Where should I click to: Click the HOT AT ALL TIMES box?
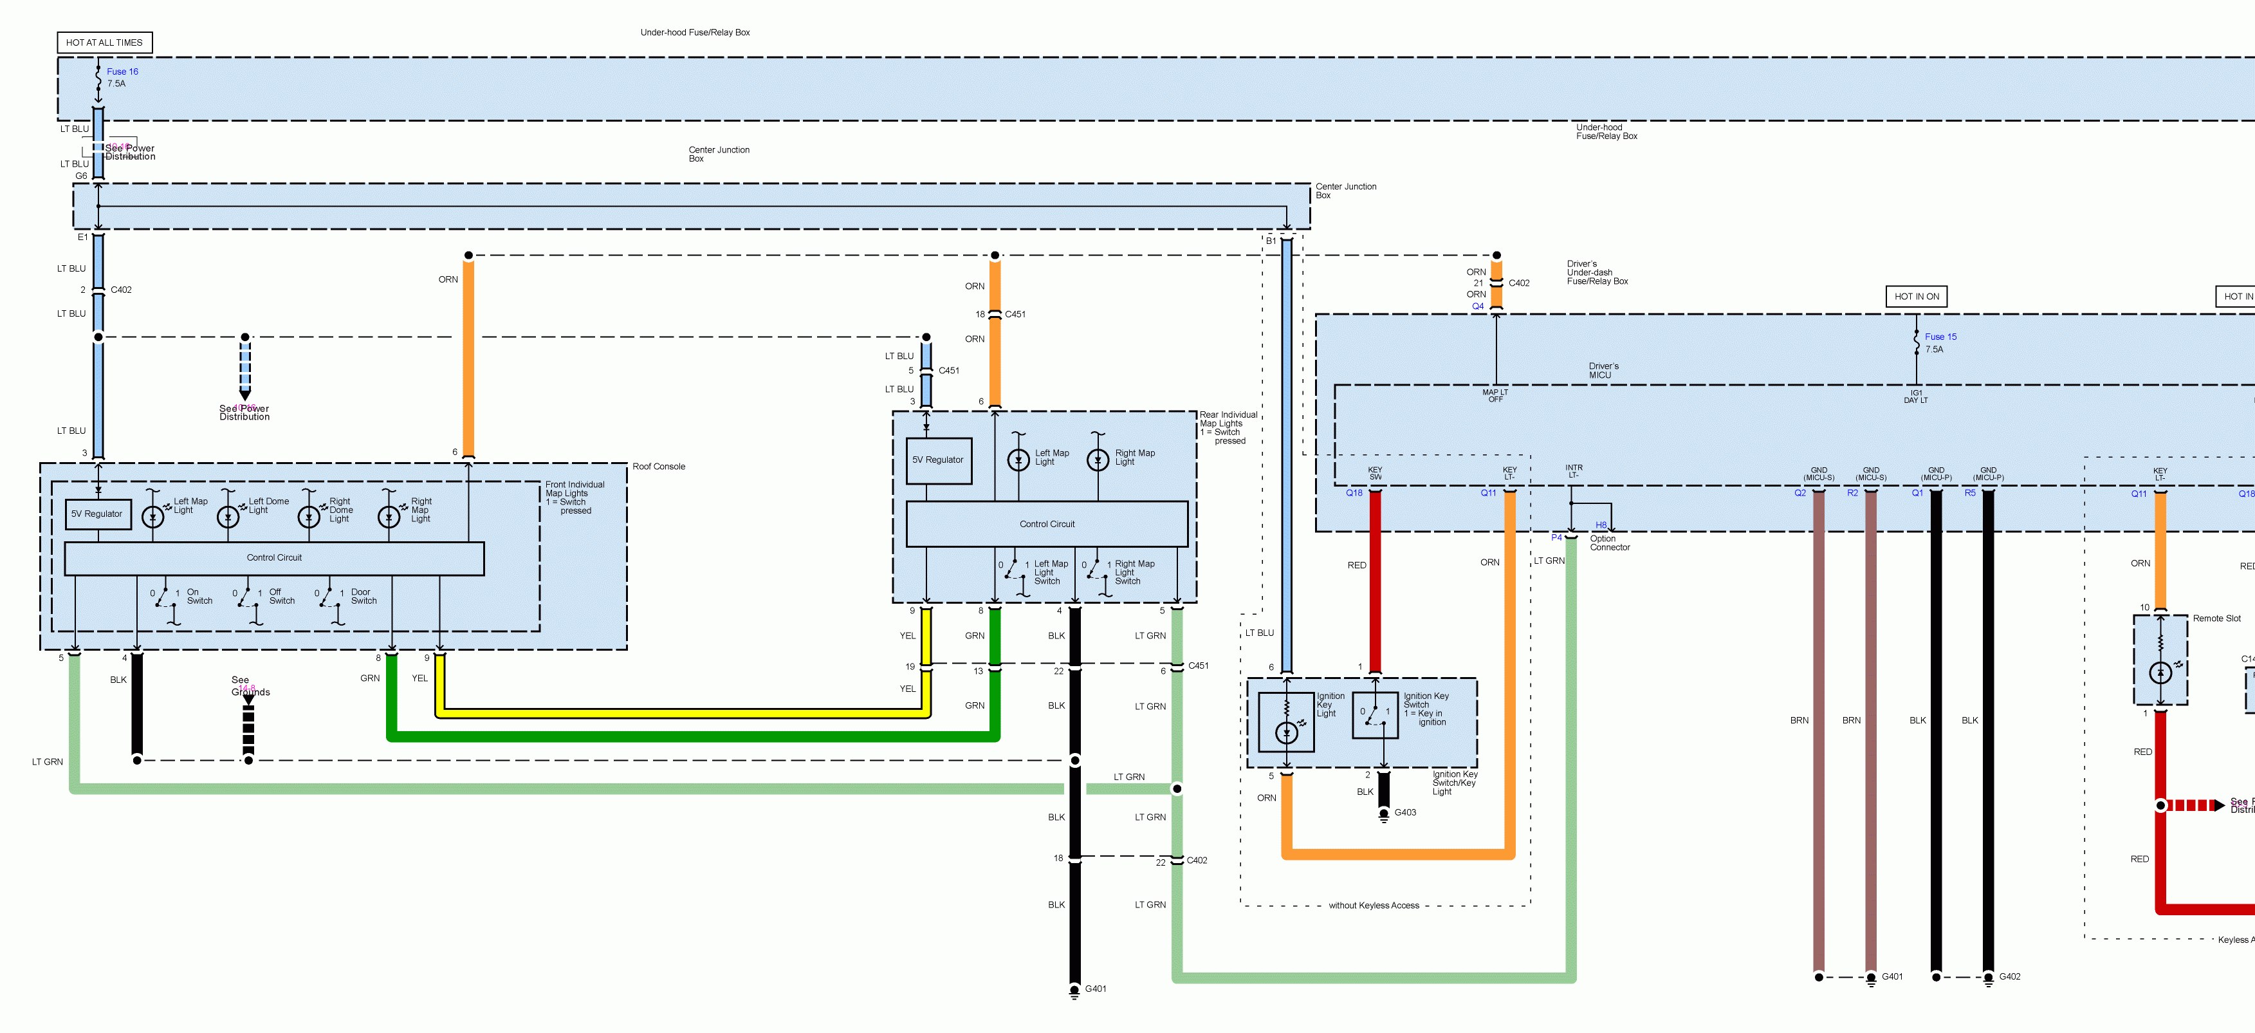104,42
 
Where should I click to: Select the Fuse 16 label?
122,72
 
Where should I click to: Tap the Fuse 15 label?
1941,337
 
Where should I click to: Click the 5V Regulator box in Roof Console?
97,514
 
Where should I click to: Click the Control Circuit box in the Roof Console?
274,557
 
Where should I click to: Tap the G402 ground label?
2010,977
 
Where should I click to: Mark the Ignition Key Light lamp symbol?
1286,732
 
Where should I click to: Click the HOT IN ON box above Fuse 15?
1916,297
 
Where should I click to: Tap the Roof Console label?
658,467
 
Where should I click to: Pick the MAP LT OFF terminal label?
1495,396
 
